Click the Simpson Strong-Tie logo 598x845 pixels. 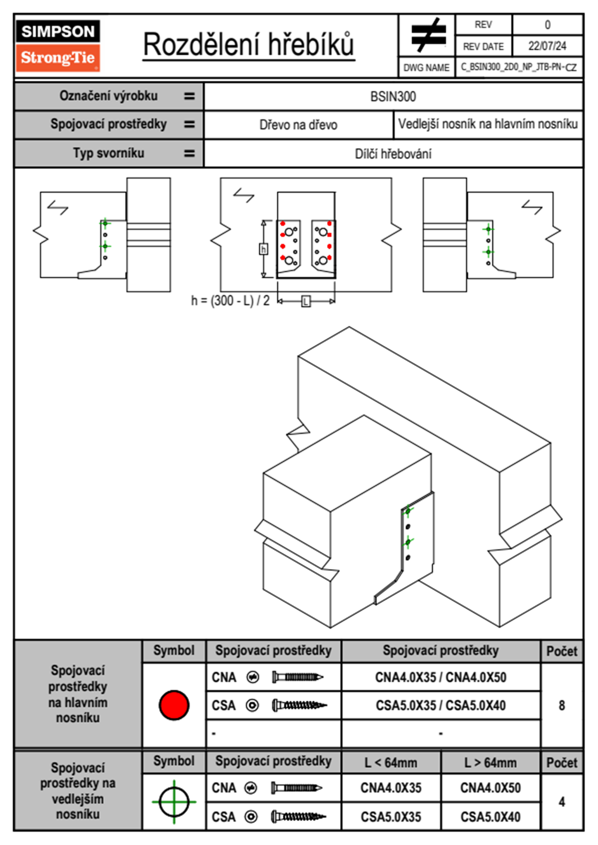(58, 45)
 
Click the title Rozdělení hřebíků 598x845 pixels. (249, 45)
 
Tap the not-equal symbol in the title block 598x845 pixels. (428, 35)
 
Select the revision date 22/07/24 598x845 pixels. (547, 46)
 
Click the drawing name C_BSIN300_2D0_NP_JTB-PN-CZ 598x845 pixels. (519, 67)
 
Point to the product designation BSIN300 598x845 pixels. (393, 96)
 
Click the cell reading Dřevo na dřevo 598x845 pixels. (298, 125)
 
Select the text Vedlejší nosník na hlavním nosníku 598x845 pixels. (487, 124)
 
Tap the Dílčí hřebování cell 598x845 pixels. (393, 154)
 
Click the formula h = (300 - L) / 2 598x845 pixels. (230, 300)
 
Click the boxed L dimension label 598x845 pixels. (306, 301)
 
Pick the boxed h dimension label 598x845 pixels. (263, 249)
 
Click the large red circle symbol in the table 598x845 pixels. (174, 705)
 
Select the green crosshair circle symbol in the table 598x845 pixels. (174, 801)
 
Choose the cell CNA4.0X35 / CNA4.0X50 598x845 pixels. (441, 677)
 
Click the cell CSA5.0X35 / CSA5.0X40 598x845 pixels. (441, 705)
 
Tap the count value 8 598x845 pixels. (562, 705)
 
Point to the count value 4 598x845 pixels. (562, 801)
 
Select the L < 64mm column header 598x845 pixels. (391, 763)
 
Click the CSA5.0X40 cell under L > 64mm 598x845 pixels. (490, 817)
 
